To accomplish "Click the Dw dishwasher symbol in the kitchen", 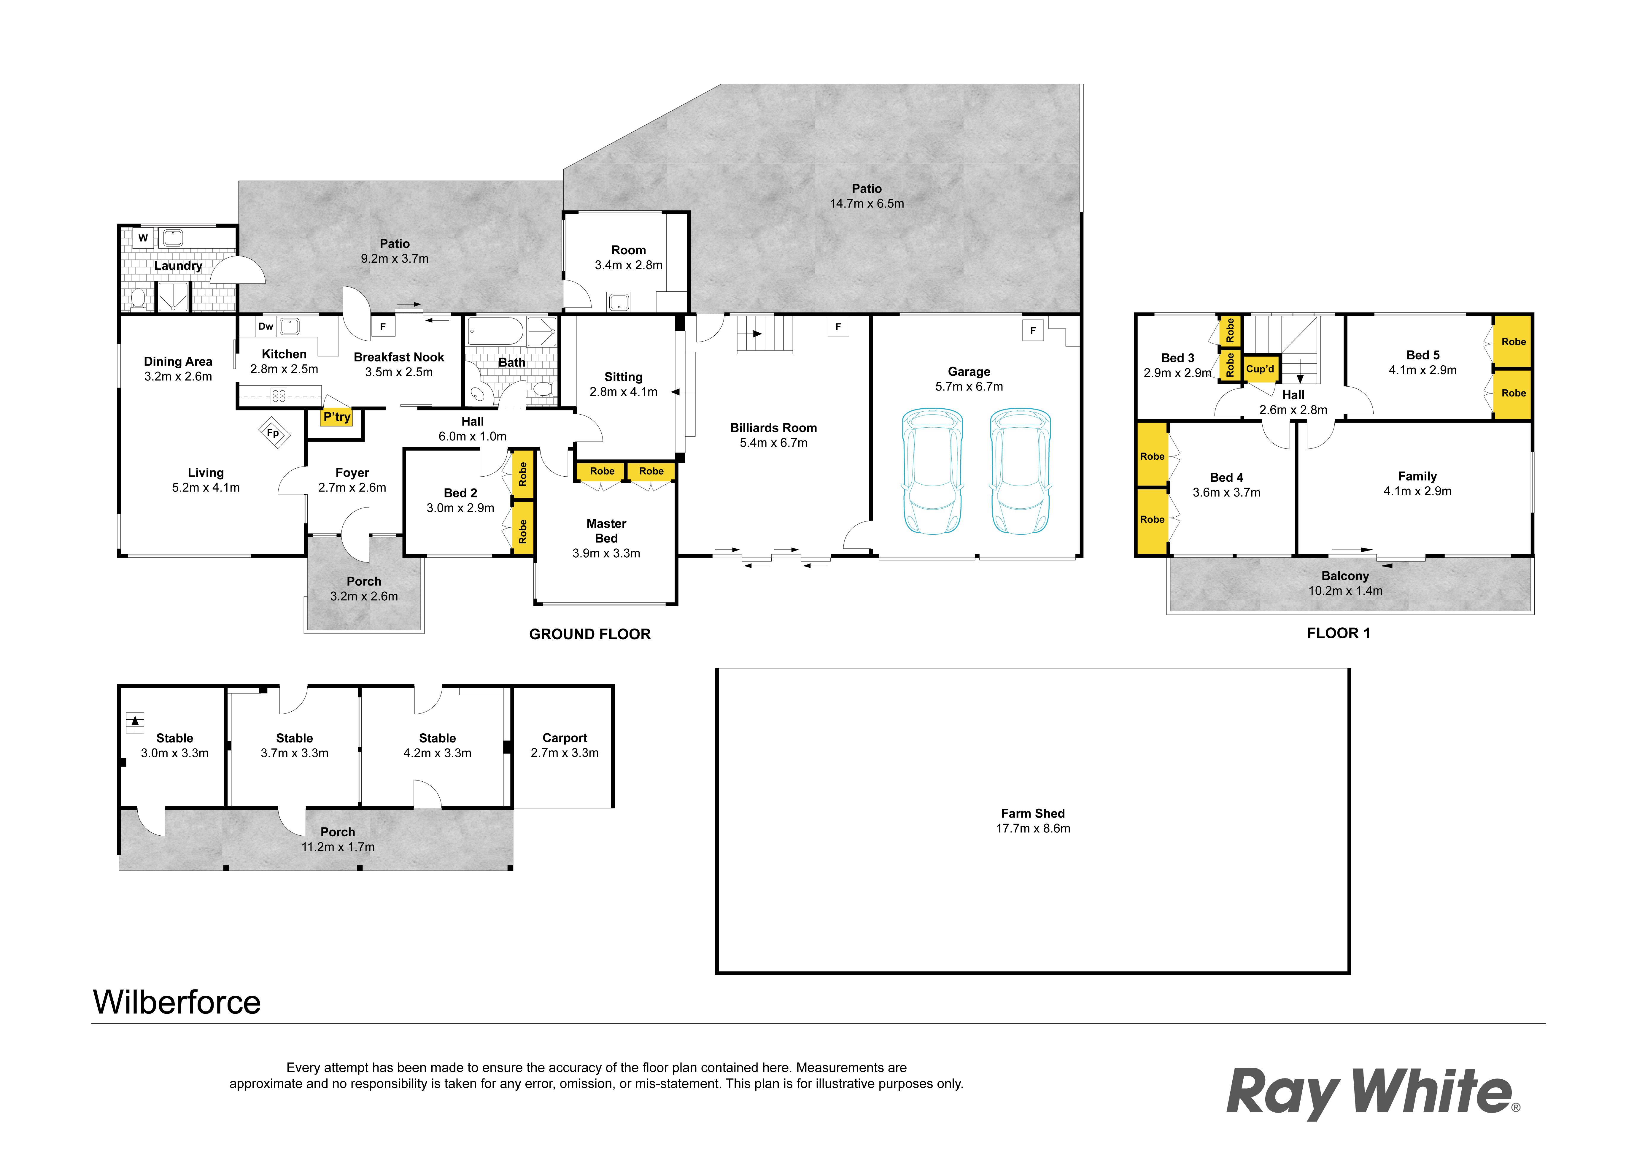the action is (266, 326).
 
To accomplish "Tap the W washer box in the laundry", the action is (143, 238).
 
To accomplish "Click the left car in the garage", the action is (933, 471).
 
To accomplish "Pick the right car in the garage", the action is (1021, 471).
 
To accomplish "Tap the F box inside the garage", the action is (1033, 331).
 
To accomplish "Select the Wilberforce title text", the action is (177, 1002).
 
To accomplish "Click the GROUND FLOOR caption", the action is (590, 634).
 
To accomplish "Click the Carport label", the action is (565, 738).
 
